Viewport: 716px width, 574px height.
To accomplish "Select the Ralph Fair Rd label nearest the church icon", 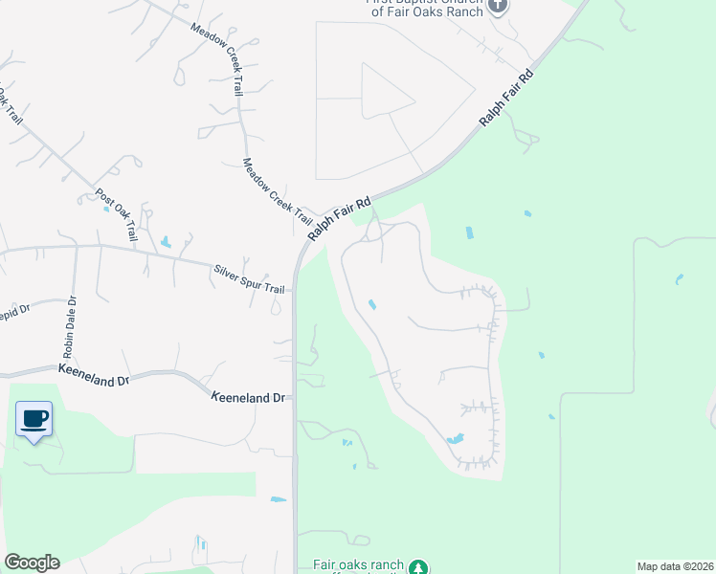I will pyautogui.click(x=506, y=99).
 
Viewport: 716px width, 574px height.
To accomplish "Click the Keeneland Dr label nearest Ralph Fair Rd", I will pyautogui.click(x=249, y=395).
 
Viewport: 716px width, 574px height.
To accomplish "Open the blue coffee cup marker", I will pyautogui.click(x=34, y=419).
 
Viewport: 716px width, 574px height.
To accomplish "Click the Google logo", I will pyautogui.click(x=32, y=563).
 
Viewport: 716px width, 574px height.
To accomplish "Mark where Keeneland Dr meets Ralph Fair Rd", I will pyautogui.click(x=296, y=395).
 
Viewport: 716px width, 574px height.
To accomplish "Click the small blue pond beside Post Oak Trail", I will pyautogui.click(x=166, y=242).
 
